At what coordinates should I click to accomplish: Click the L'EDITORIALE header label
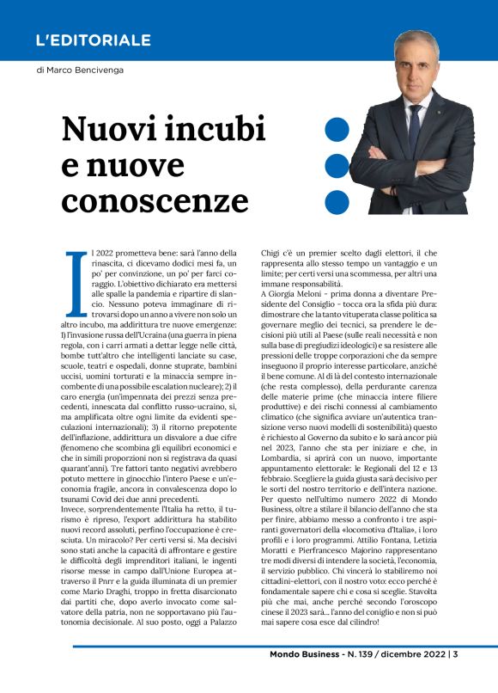tap(94, 40)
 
